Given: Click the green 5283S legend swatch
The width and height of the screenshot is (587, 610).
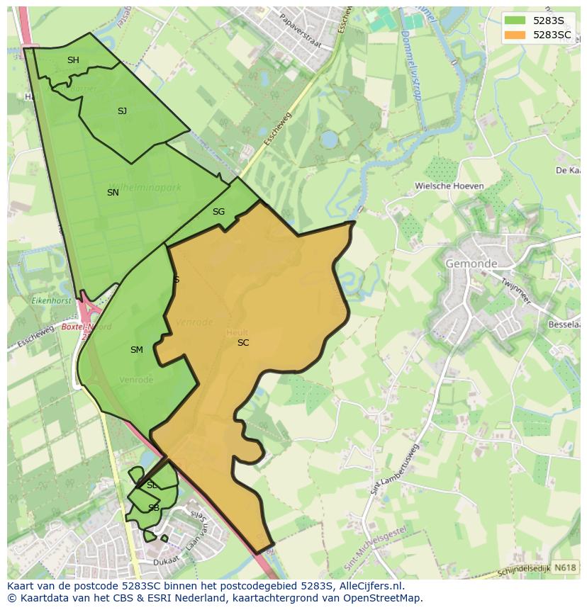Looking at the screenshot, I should coord(515,21).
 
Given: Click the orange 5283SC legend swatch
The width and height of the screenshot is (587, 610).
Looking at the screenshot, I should coord(515,35).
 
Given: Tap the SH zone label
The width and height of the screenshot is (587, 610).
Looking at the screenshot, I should coord(73,60).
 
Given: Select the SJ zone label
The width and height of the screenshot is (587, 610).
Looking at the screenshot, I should coord(122,111).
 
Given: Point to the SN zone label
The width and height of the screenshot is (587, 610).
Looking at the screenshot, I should coord(113,193).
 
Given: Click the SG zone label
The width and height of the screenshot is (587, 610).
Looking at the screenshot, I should coord(218,212).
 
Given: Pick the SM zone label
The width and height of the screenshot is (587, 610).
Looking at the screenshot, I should coord(137,350).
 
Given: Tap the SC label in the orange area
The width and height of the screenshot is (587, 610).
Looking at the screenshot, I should coord(243,343).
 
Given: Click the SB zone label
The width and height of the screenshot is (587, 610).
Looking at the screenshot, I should coord(153,508).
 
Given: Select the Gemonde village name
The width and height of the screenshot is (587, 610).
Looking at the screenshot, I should coord(471,264).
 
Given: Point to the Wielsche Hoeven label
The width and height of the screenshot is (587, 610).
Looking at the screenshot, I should coord(449,186).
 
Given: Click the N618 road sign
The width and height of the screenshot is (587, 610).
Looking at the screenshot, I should coord(564,567).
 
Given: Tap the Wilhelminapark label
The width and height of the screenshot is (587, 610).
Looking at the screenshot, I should coord(145,188).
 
